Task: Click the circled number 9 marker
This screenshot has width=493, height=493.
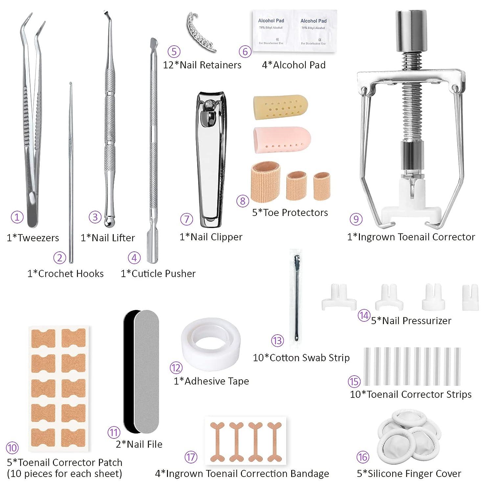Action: tap(356, 219)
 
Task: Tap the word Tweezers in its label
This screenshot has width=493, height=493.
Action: tap(38, 238)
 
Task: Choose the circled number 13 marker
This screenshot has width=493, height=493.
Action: tap(277, 340)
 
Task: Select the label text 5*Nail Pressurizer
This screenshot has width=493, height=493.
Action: tap(411, 320)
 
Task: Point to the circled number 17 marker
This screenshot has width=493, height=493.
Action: tap(191, 457)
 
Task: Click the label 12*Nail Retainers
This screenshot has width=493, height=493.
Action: tap(202, 65)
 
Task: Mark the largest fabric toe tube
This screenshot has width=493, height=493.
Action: tap(266, 181)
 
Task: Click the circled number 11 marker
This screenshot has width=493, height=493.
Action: tap(114, 433)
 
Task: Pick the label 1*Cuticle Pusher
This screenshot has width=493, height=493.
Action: tap(158, 273)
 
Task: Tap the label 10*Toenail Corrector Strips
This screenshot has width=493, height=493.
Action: tap(411, 394)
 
